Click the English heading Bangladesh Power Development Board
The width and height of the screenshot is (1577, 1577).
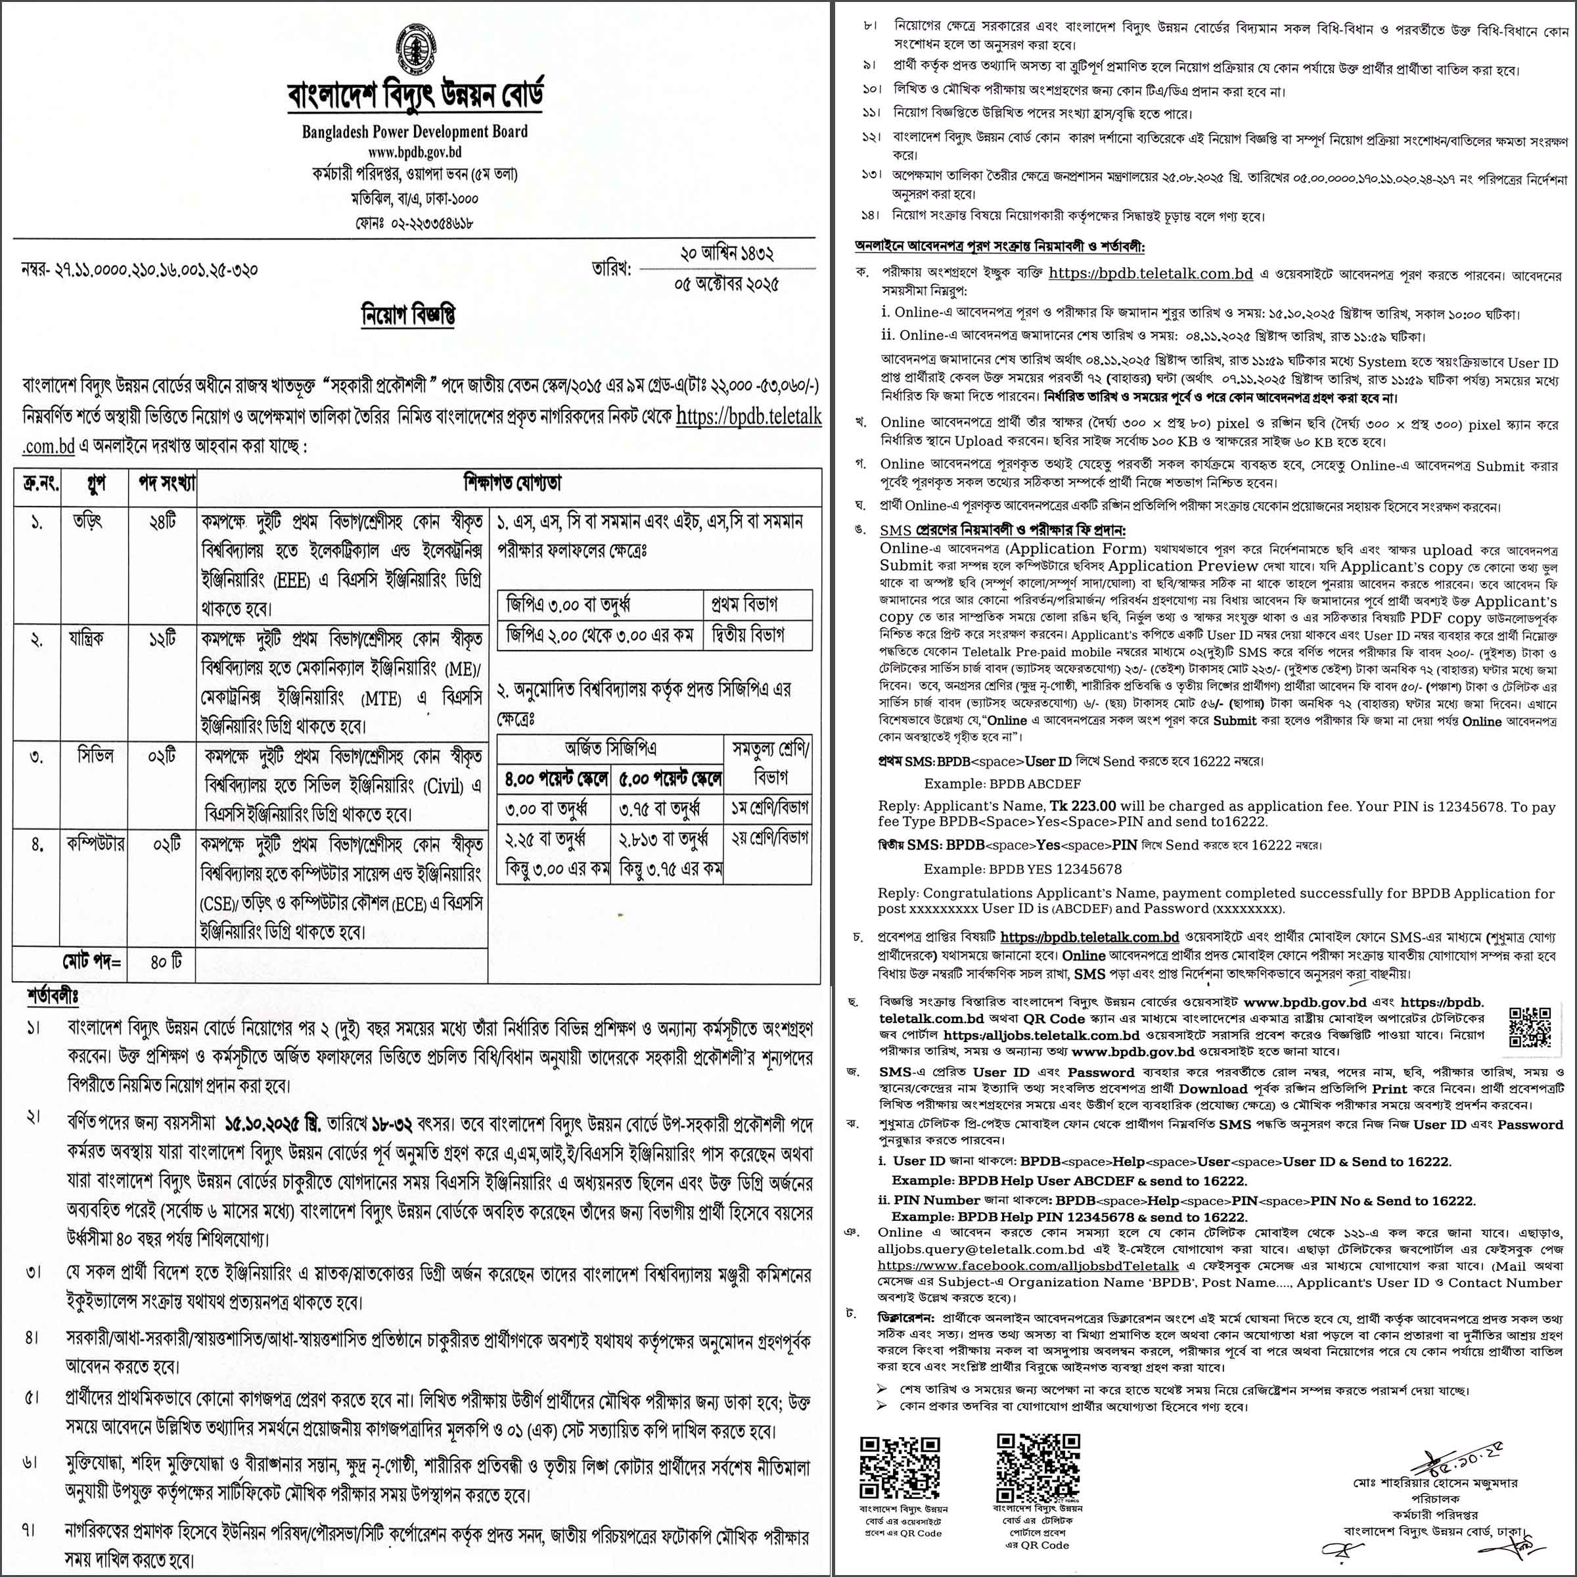point(415,131)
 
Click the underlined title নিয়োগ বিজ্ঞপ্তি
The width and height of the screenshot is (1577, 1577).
point(408,315)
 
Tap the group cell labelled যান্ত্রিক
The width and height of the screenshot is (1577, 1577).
point(87,637)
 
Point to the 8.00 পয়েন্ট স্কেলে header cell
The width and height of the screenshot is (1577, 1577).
point(556,779)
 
